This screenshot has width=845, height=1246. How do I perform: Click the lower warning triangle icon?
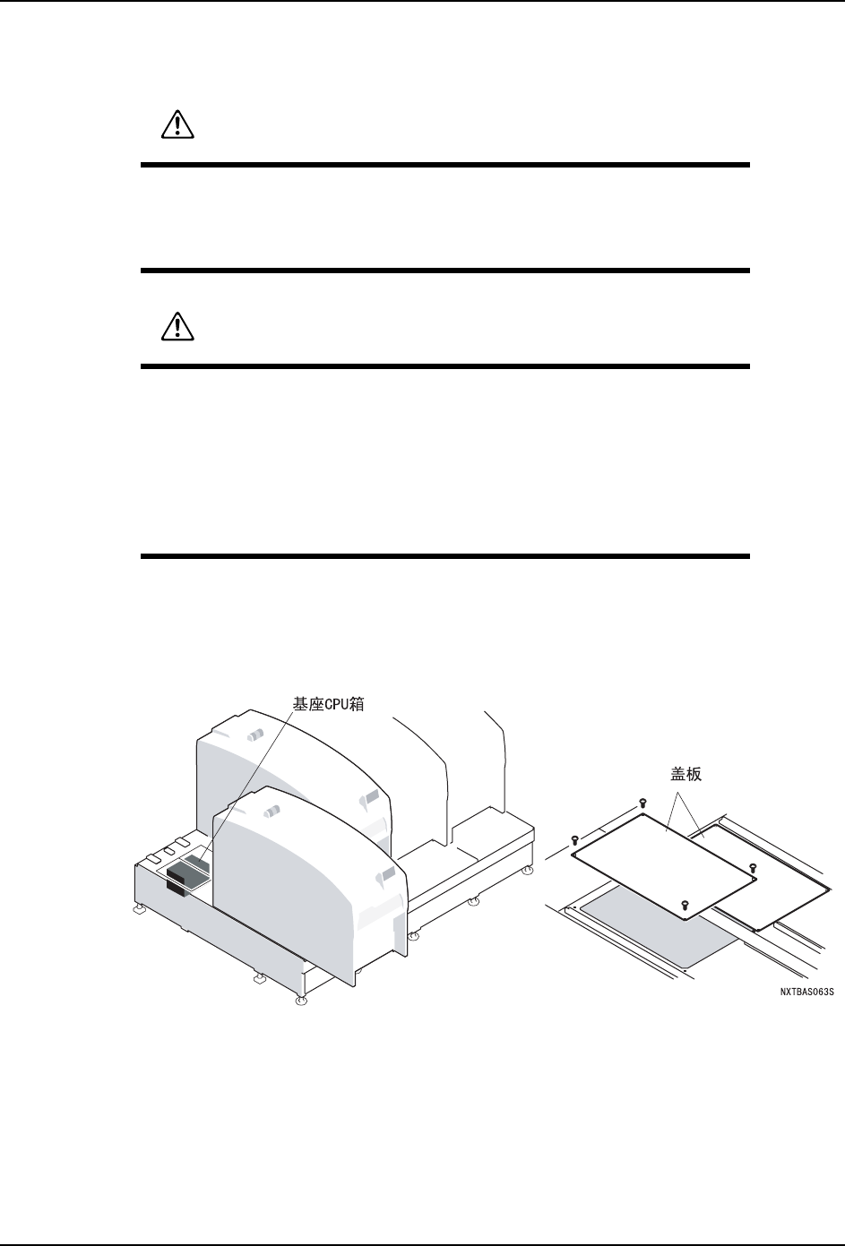177,329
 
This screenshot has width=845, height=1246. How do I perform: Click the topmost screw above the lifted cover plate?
642,802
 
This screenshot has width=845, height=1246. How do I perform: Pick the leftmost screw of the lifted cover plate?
573,839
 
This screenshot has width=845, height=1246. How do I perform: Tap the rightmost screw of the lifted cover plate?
753,867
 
